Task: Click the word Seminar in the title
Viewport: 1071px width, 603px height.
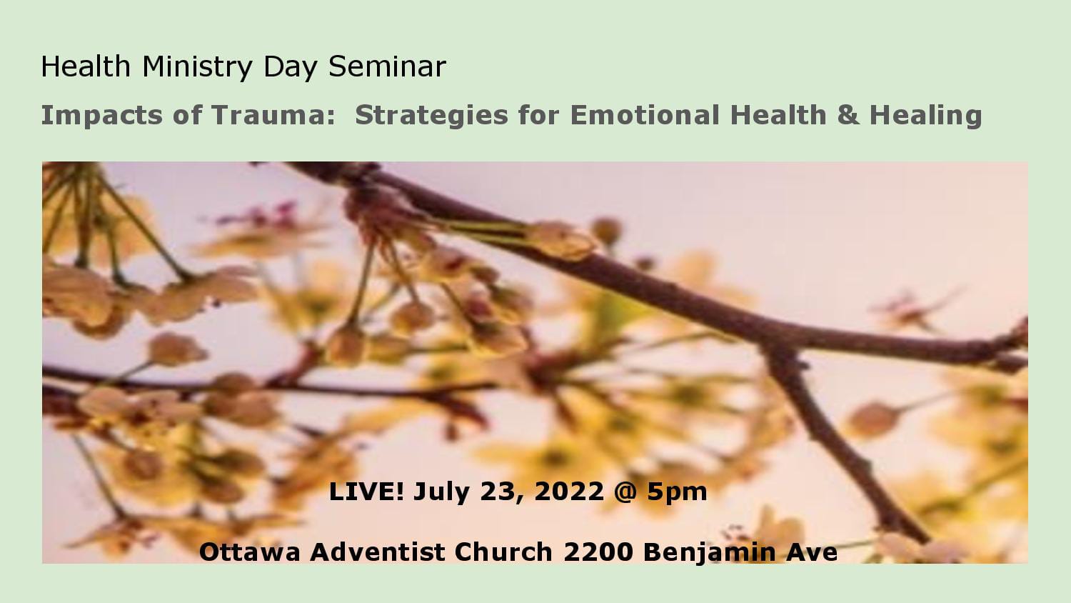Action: pyautogui.click(x=387, y=66)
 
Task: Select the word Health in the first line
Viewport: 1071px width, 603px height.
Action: pyautogui.click(x=86, y=66)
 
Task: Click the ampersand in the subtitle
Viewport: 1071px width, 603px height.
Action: pyautogui.click(x=848, y=115)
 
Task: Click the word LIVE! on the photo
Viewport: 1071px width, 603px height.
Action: pyautogui.click(x=366, y=492)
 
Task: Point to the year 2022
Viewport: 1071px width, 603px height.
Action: pyautogui.click(x=569, y=492)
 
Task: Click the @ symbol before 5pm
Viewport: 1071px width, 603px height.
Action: pyautogui.click(x=625, y=492)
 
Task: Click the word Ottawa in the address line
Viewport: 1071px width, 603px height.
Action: pyautogui.click(x=250, y=552)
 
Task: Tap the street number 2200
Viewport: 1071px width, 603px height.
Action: pyautogui.click(x=598, y=552)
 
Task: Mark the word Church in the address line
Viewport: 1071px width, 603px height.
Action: pyautogui.click(x=503, y=552)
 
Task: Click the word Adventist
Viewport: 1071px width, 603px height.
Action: pyautogui.click(x=378, y=552)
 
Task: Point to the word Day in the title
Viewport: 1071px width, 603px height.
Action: pyautogui.click(x=291, y=67)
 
